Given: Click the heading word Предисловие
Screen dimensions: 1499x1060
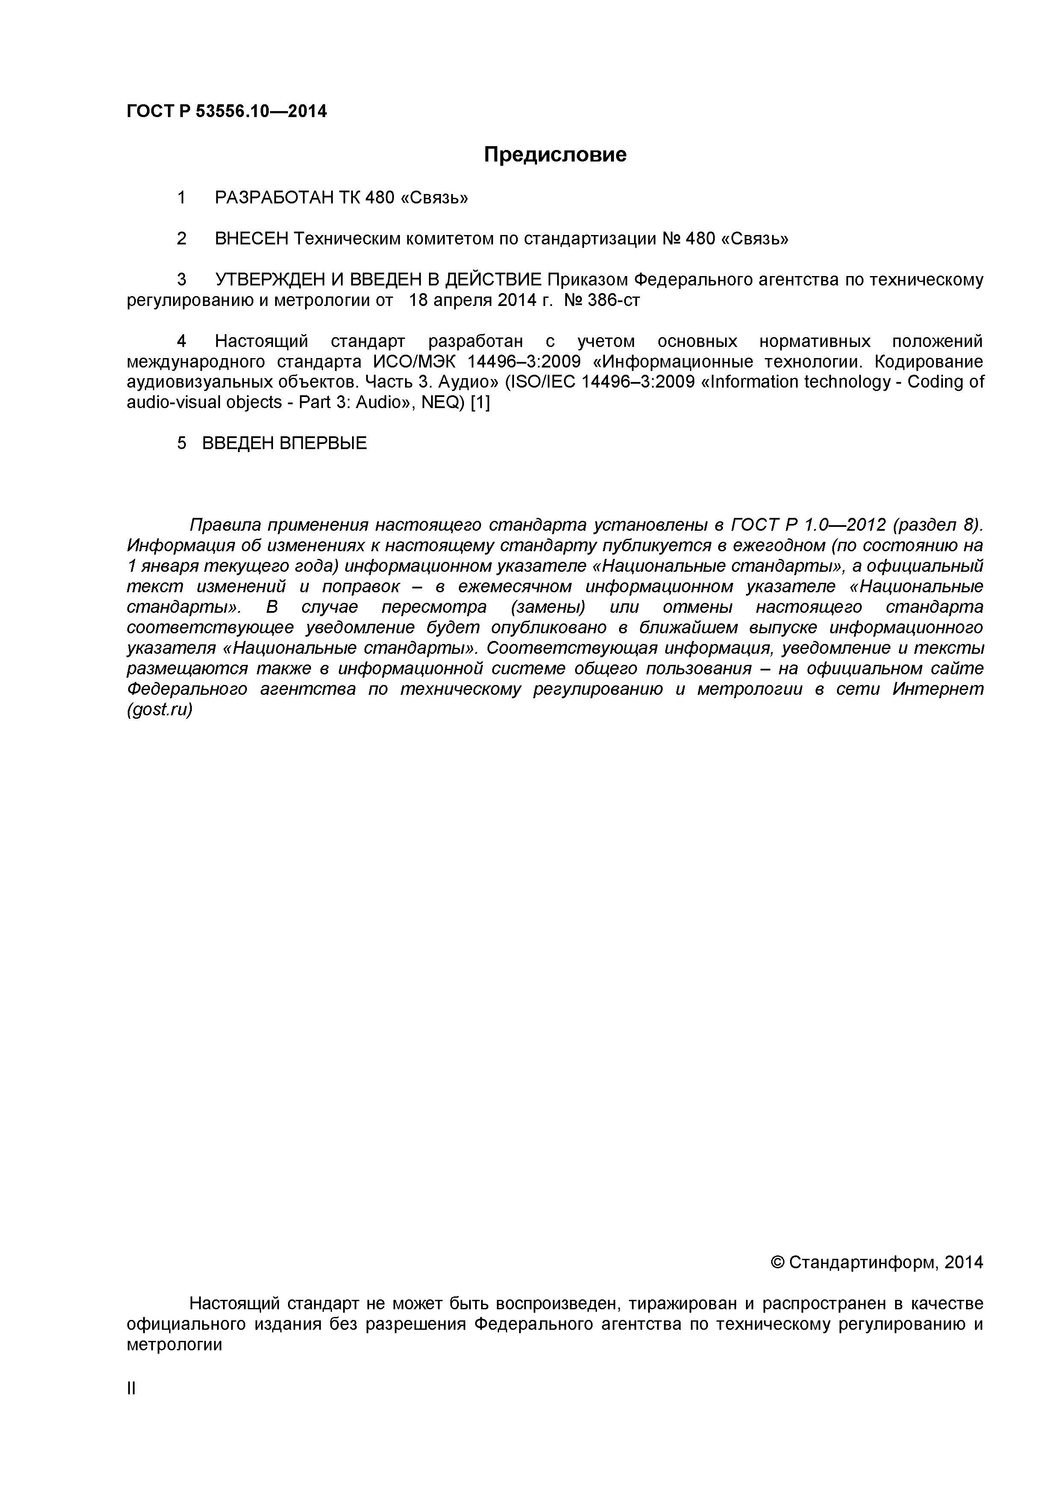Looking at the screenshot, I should (555, 155).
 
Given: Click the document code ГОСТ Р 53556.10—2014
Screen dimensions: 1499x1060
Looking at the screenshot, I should (226, 112).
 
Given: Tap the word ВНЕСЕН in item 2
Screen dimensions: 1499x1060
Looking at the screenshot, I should (251, 239).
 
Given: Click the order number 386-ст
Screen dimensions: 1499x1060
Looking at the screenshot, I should (614, 300).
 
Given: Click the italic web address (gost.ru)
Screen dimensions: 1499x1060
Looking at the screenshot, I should (159, 710).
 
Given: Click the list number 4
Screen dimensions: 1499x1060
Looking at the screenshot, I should (182, 341).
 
